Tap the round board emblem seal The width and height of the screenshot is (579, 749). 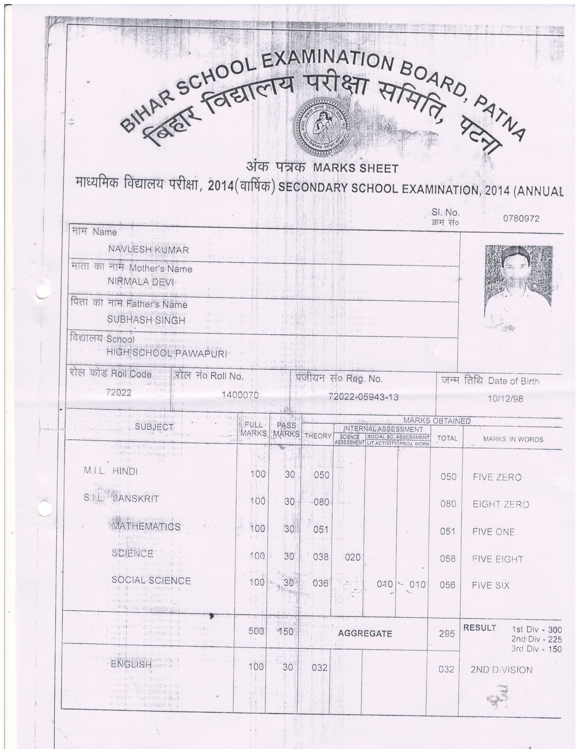click(322, 126)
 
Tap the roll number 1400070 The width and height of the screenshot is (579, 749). click(240, 395)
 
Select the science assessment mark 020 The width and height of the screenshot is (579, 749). click(352, 557)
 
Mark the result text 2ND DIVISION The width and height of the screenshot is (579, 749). click(502, 670)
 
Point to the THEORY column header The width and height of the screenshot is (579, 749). click(318, 436)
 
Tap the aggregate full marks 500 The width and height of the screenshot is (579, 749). click(256, 631)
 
